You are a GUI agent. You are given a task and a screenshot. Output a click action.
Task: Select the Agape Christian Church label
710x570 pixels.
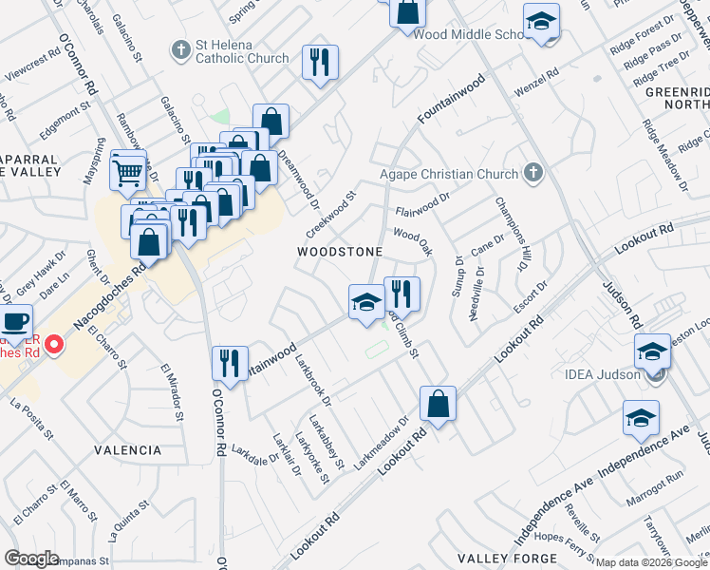pos(450,174)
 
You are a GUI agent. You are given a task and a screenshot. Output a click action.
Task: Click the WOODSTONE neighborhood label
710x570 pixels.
pos(340,252)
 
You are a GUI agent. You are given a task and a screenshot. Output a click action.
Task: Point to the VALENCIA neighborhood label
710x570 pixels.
pos(127,449)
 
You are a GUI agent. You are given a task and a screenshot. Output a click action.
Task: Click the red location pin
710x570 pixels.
pos(54,343)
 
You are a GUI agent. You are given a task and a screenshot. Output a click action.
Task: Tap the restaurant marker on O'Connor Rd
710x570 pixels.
pos(229,362)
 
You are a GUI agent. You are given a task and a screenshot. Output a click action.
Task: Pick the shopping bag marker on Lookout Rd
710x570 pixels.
pos(438,404)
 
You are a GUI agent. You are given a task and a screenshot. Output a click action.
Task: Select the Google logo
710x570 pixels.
pos(32,559)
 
